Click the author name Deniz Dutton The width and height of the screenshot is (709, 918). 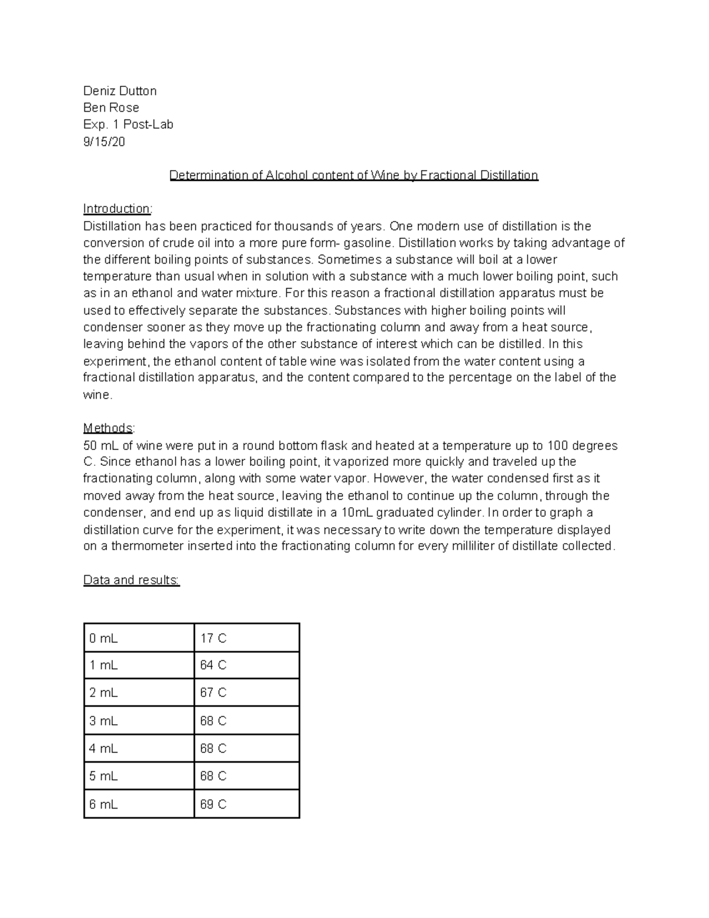[x=120, y=91]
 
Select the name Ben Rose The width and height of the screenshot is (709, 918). [x=111, y=108]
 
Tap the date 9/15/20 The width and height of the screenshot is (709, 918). [x=104, y=142]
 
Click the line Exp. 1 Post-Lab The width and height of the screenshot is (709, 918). [x=128, y=125]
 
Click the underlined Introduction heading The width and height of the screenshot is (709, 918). [x=117, y=209]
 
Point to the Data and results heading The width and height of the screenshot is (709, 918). [x=131, y=580]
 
